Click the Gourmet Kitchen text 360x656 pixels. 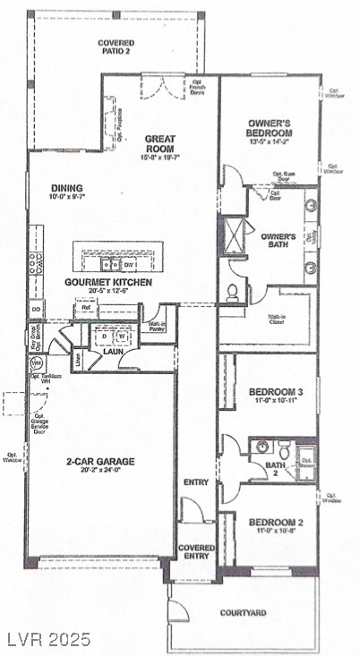point(107,282)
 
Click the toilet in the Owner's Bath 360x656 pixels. point(233,292)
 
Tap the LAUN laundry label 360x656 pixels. point(111,353)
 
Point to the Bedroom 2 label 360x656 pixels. point(270,523)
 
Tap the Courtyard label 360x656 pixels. point(243,614)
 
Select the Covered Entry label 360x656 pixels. point(194,551)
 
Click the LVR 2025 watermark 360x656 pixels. point(46,640)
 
